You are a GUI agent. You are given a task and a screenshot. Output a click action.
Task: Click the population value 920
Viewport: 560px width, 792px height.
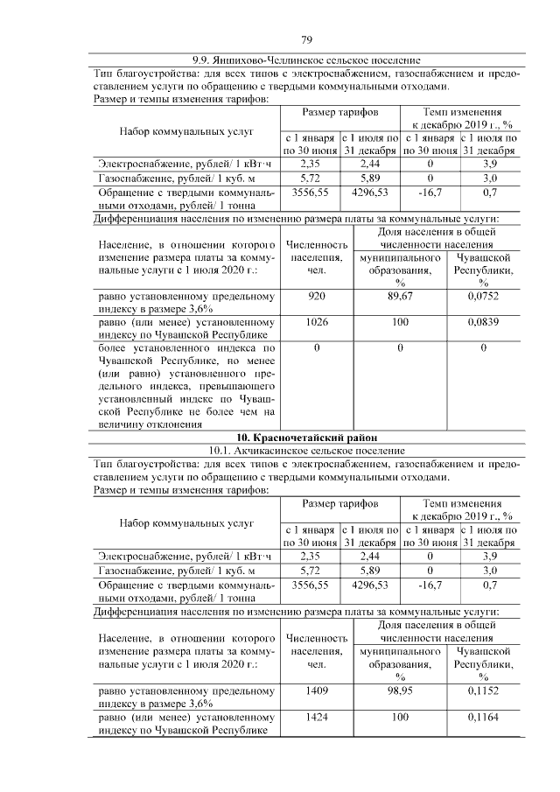[317, 298]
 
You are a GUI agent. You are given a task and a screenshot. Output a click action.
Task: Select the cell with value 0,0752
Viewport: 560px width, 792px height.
[483, 298]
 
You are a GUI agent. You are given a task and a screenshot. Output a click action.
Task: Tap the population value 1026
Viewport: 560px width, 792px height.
[317, 323]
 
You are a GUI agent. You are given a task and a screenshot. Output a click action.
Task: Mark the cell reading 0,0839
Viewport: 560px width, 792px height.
[483, 323]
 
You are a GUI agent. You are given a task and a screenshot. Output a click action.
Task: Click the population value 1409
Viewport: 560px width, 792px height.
[317, 691]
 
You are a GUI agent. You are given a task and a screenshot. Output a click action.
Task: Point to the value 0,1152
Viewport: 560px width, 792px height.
[483, 691]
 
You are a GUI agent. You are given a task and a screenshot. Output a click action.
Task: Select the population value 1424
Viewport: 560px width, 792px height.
[317, 717]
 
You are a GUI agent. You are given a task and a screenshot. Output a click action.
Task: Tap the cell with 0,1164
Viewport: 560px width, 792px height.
[483, 717]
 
